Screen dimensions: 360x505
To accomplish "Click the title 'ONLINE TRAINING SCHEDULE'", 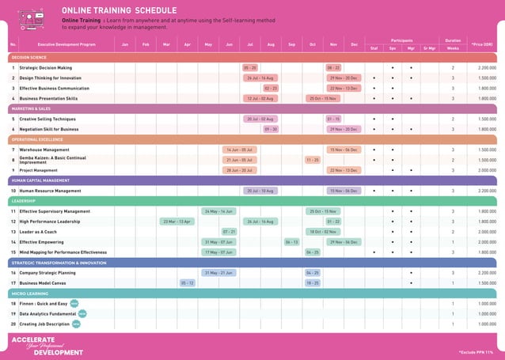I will pyautogui.click(x=119, y=9).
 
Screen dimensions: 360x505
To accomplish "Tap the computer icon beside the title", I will pyautogui.click(x=32, y=17).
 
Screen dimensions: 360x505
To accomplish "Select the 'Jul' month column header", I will pyautogui.click(x=250, y=44).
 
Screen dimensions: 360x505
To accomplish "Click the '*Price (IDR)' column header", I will pyautogui.click(x=481, y=44).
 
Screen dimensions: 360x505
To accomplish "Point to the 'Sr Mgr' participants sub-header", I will pyautogui.click(x=430, y=48).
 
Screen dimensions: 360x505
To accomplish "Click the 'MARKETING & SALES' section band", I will pyautogui.click(x=32, y=108).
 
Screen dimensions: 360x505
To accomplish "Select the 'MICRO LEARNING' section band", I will pyautogui.click(x=30, y=294).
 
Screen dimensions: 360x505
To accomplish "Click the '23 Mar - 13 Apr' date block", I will pyautogui.click(x=177, y=222).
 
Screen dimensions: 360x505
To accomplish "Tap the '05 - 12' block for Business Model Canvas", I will pyautogui.click(x=187, y=282).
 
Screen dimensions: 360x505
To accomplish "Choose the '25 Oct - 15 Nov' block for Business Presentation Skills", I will pyautogui.click(x=323, y=98).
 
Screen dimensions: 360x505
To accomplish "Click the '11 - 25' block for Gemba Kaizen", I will pyautogui.click(x=313, y=160).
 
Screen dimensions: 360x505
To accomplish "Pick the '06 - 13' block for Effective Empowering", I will pyautogui.click(x=291, y=242).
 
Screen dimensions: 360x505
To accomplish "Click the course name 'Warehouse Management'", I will pyautogui.click(x=44, y=150).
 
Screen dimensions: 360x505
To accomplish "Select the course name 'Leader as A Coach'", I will pyautogui.click(x=37, y=232).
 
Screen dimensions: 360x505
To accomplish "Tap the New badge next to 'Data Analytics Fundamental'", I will pyautogui.click(x=82, y=313).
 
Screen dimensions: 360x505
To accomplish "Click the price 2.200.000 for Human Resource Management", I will pyautogui.click(x=487, y=191).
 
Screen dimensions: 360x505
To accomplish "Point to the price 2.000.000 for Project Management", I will pyautogui.click(x=487, y=170).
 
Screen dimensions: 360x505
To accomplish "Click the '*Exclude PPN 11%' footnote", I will pyautogui.click(x=475, y=351).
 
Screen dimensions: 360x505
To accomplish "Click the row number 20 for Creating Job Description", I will pyautogui.click(x=13, y=324).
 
